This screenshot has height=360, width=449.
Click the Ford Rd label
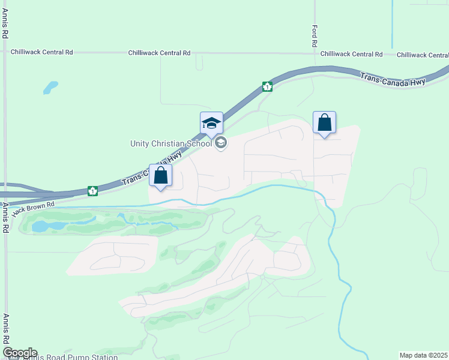pos(314,36)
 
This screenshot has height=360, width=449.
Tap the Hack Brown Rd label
pos(33,208)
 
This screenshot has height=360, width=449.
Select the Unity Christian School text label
pos(171,143)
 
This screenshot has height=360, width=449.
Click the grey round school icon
pos(221,142)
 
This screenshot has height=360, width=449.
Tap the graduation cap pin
pos(211,123)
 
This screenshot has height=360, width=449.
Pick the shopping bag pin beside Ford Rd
pos(324,123)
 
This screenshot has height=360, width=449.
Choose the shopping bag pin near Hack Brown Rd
pos(161,176)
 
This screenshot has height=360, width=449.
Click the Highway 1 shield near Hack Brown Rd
pos(93,191)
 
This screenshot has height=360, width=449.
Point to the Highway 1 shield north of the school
pos(267,86)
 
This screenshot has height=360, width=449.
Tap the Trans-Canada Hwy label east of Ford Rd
pos(393,79)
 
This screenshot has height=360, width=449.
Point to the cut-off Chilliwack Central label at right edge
pos(423,55)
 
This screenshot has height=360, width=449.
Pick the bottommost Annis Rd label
pos(5,331)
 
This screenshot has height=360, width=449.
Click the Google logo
pos(20,353)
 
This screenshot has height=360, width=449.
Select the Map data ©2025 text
pos(423,355)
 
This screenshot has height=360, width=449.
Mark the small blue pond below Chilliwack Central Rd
pos(50,88)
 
